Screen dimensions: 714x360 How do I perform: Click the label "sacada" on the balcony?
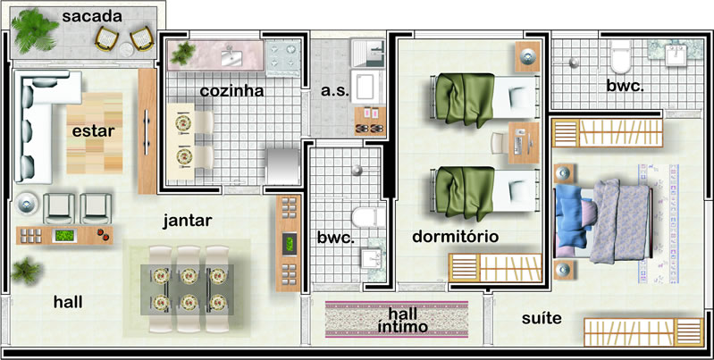pyautogui.click(x=92, y=17)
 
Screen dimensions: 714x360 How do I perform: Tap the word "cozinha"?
pyautogui.click(x=231, y=90)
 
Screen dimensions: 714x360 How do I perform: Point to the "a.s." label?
pyautogui.click(x=335, y=91)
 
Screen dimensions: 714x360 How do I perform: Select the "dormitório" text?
pyautogui.click(x=456, y=237)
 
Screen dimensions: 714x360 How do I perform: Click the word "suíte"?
pyautogui.click(x=542, y=318)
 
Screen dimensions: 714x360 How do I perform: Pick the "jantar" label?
pyautogui.click(x=188, y=222)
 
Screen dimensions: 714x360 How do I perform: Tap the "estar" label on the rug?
pyautogui.click(x=93, y=131)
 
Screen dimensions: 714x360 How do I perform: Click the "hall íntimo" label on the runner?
pyautogui.click(x=403, y=320)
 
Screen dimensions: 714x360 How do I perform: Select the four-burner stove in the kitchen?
pyautogui.click(x=282, y=56)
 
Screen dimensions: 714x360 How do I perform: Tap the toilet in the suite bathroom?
pyautogui.click(x=620, y=57)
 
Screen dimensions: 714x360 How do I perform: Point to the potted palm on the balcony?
pyautogui.click(x=34, y=31)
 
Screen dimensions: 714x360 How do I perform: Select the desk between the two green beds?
pyautogui.click(x=523, y=143)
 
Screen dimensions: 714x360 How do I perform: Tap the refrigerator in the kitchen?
pyautogui.click(x=282, y=166)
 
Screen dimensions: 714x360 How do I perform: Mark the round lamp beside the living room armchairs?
pyautogui.click(x=27, y=203)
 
